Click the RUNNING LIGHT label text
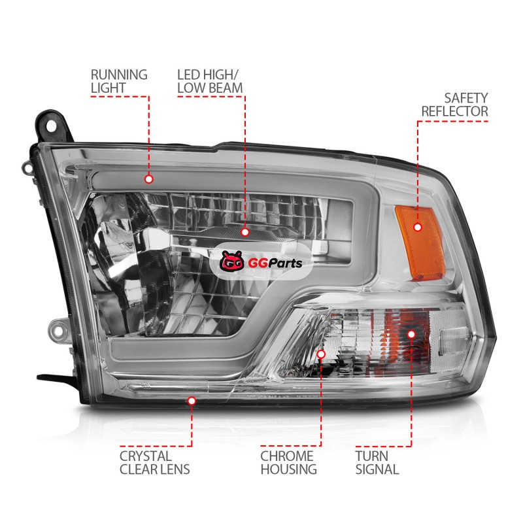(x=118, y=80)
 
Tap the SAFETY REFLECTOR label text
(x=464, y=104)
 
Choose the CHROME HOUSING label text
(x=288, y=462)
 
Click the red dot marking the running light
(x=148, y=178)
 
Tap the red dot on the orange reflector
(x=416, y=227)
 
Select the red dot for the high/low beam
(x=245, y=231)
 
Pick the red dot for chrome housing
(x=321, y=354)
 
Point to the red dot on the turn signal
(x=411, y=334)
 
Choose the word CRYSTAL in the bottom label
(x=136, y=456)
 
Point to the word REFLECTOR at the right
(x=464, y=111)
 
